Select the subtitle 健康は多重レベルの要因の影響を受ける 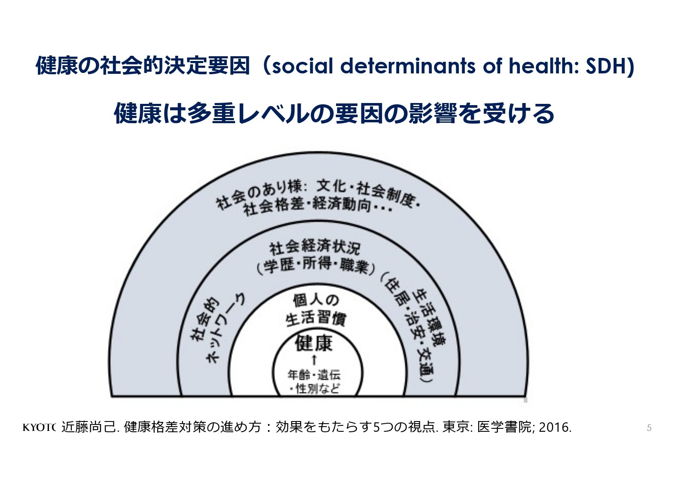point(334,114)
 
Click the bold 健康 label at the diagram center point(314,343)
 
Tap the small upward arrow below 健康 point(314,360)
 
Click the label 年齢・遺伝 point(314,375)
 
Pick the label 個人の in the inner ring point(316,300)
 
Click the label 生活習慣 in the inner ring point(315,319)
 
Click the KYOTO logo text point(39,427)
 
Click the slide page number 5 point(649,428)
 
